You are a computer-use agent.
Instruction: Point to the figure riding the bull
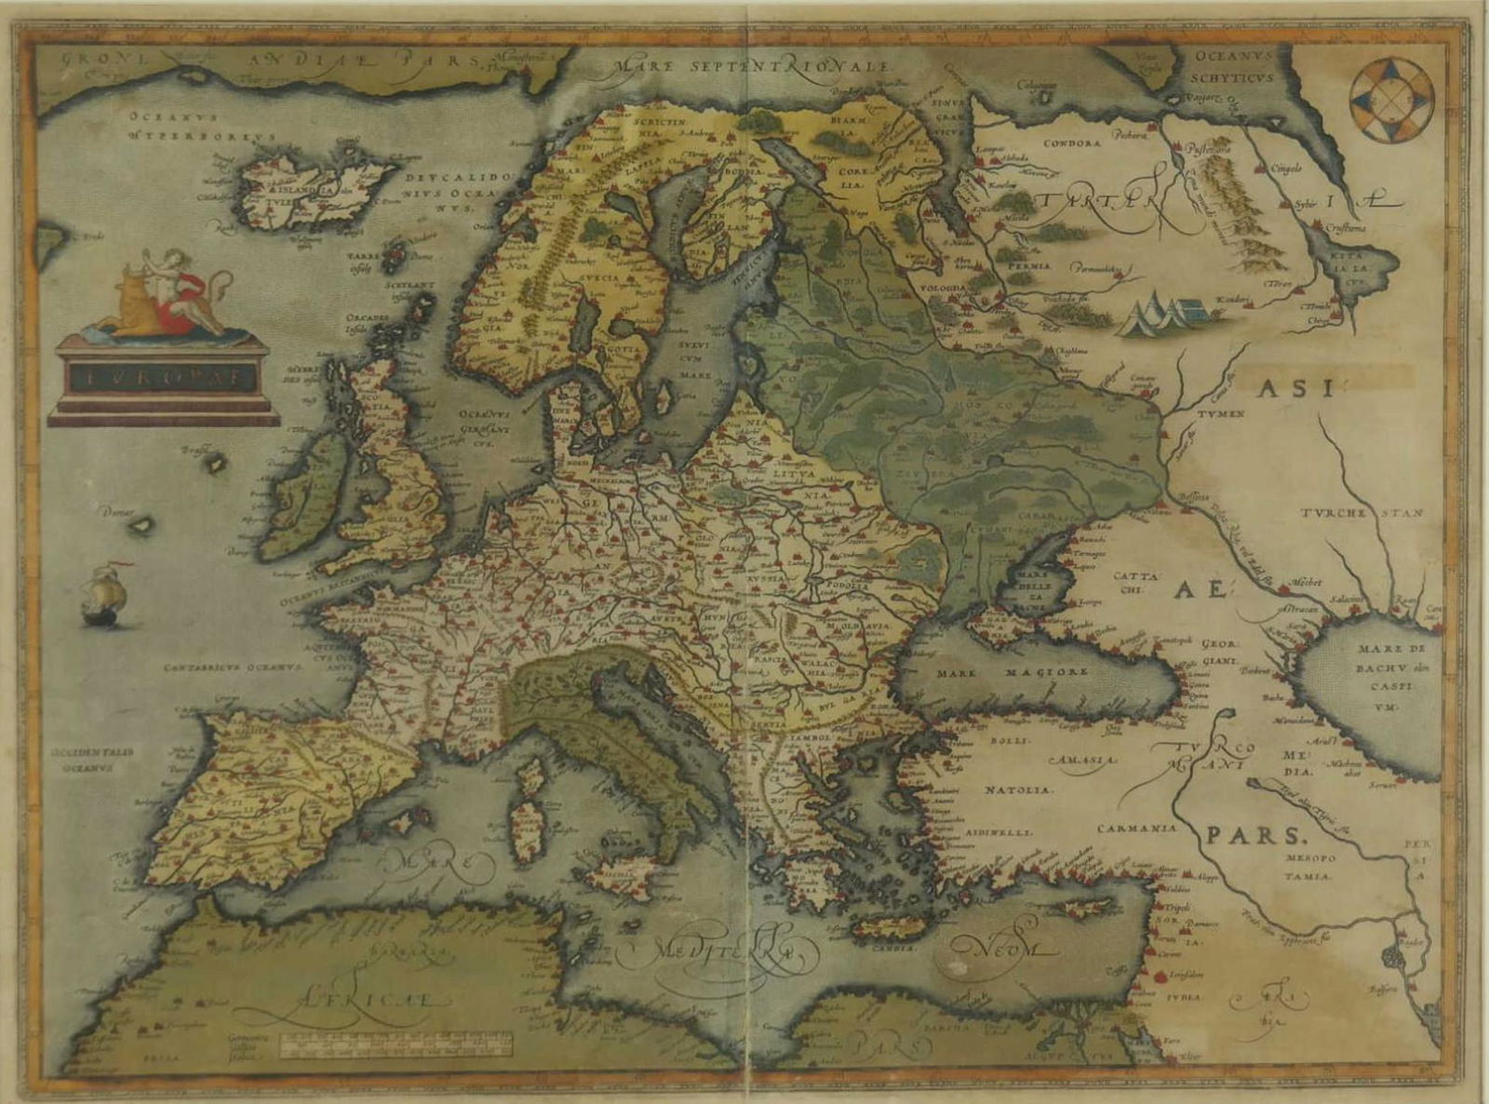(x=177, y=284)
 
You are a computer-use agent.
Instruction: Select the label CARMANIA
(x=1135, y=827)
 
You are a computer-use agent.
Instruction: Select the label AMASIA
(x=1081, y=760)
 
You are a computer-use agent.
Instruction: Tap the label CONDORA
(x=1072, y=143)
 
